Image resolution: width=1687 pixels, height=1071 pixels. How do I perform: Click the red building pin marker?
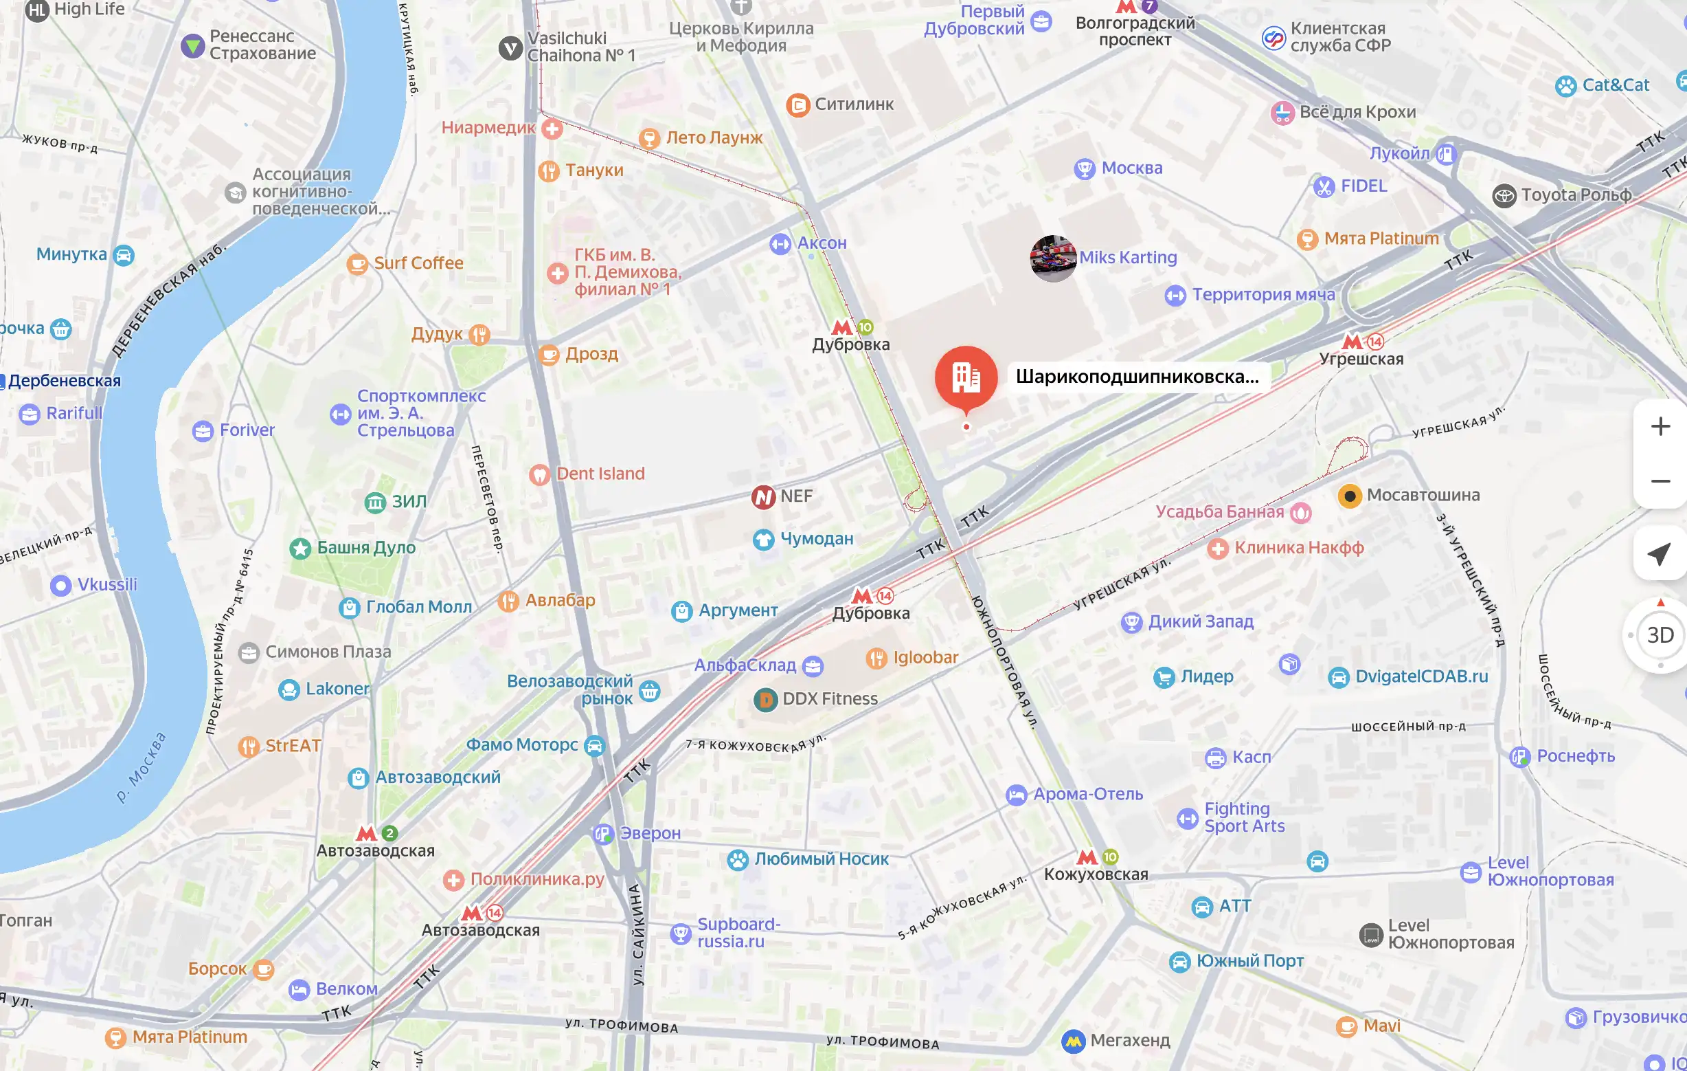(x=966, y=377)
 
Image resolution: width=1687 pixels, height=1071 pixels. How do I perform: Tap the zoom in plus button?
(x=1660, y=426)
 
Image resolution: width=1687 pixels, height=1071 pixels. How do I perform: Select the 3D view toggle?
(x=1660, y=635)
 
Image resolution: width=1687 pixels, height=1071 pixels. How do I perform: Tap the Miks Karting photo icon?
(x=1053, y=258)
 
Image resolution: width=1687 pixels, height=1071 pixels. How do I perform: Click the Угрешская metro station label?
(x=1361, y=359)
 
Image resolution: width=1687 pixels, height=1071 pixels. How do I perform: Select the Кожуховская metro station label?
(x=1096, y=874)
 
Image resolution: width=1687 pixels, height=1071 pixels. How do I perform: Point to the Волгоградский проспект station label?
(x=1135, y=31)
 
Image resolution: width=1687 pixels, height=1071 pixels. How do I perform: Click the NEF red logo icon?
(x=763, y=497)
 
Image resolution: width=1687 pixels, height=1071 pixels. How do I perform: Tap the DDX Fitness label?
(x=830, y=699)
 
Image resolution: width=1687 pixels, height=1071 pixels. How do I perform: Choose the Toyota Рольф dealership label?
(x=1576, y=195)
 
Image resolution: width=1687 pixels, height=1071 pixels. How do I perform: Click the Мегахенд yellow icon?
(x=1073, y=1041)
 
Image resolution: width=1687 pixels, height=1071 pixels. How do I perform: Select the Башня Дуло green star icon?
(x=301, y=548)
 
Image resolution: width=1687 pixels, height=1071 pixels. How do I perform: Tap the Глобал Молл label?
(x=418, y=607)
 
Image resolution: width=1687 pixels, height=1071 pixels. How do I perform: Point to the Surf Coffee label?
(x=418, y=263)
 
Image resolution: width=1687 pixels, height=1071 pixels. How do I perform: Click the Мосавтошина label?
(x=1423, y=495)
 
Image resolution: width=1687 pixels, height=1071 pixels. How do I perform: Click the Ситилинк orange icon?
(x=797, y=105)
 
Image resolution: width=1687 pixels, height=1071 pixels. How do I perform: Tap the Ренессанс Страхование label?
(x=262, y=45)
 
